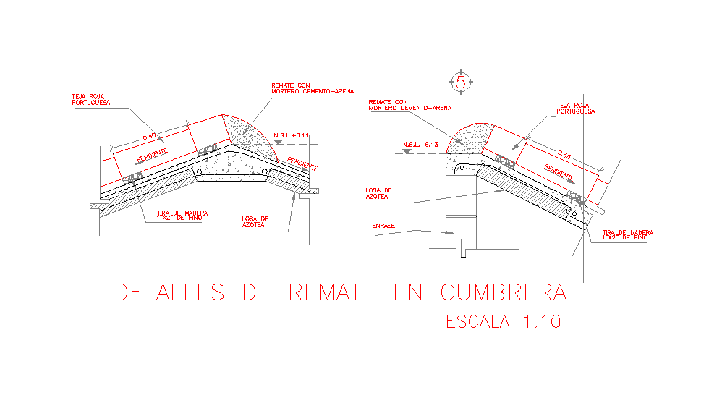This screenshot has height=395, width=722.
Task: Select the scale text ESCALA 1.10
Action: [x=503, y=321]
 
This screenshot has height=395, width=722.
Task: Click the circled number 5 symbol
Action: [x=461, y=82]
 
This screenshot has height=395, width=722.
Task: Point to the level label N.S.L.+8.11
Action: [x=291, y=135]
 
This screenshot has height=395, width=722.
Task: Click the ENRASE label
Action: [x=383, y=226]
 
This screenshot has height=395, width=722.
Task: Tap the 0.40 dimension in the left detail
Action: [x=149, y=137]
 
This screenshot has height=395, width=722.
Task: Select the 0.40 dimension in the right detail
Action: [x=564, y=156]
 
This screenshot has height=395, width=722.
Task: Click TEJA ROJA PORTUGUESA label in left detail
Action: [x=90, y=99]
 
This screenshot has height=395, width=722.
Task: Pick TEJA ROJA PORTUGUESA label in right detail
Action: [x=575, y=109]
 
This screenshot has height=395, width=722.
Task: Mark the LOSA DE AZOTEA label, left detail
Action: [x=255, y=221]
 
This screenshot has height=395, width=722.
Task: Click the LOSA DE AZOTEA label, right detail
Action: [x=378, y=193]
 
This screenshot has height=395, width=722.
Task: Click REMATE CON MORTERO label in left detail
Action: [x=313, y=88]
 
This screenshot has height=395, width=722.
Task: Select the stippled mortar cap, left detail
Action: [x=250, y=134]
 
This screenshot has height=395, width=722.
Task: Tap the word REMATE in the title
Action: [x=332, y=292]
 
